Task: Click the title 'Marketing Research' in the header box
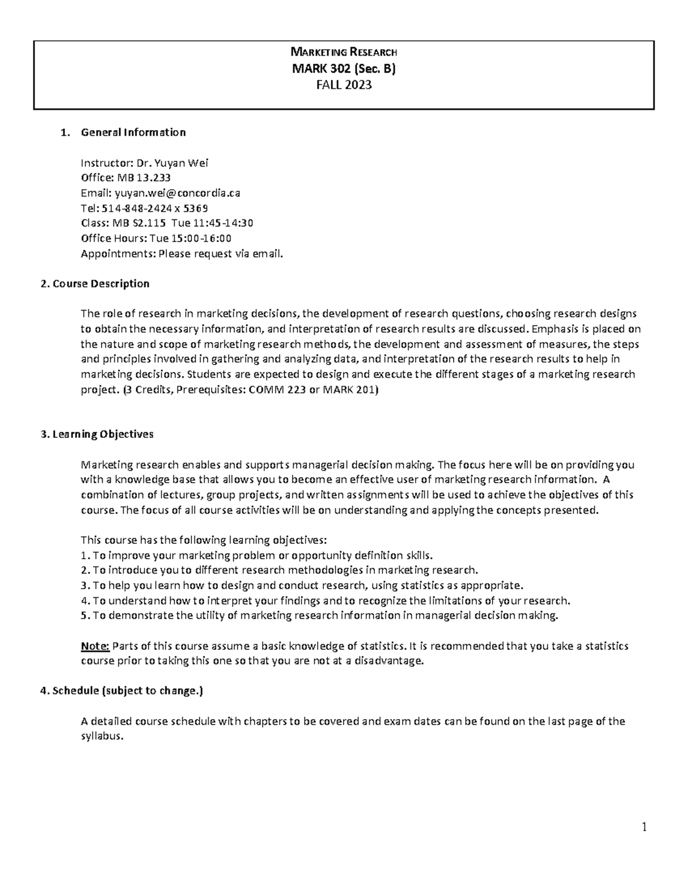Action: point(344,54)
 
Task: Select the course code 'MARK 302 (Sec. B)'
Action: point(344,69)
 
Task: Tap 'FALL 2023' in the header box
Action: point(344,85)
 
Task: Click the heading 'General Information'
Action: point(133,132)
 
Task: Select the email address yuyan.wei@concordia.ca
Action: point(178,193)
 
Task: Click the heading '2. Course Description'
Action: point(95,284)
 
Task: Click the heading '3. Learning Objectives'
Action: point(97,434)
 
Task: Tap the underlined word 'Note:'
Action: point(95,646)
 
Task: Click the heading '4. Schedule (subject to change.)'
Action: point(122,691)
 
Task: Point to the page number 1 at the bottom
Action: point(644,827)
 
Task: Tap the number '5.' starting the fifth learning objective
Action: point(85,616)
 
